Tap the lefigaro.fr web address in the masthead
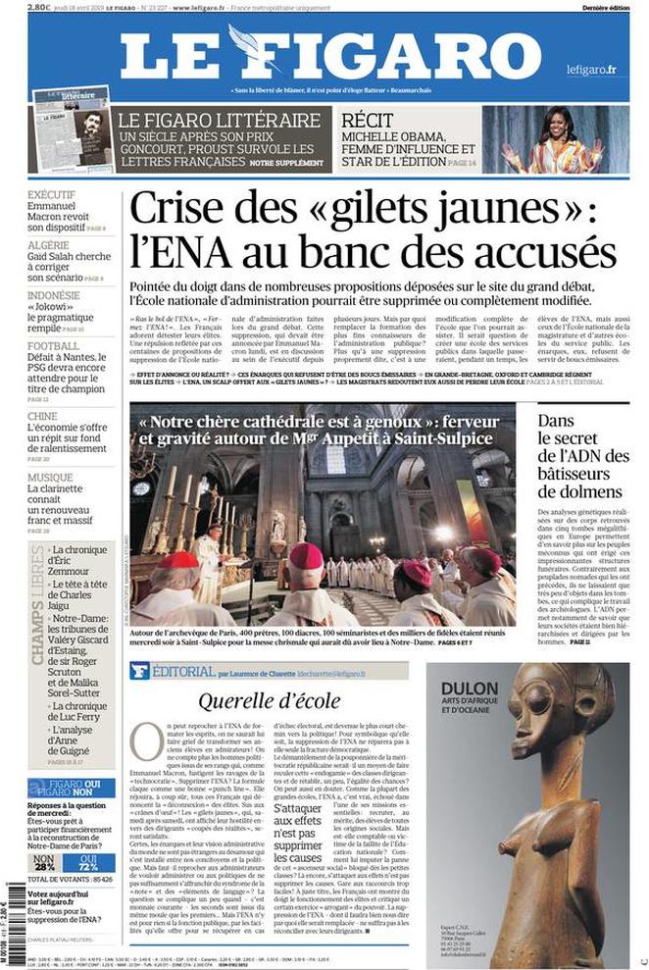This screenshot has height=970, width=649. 591,69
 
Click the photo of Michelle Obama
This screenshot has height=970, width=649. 568,138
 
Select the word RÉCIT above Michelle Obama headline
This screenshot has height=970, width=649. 368,119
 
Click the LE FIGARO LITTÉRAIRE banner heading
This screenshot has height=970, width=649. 219,120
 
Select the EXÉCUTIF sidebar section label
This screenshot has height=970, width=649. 52,194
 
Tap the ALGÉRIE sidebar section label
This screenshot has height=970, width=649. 49,245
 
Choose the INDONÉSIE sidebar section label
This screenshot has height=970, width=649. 53,295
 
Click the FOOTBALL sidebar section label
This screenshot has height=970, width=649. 53,346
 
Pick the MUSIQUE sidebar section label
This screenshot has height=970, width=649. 50,478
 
